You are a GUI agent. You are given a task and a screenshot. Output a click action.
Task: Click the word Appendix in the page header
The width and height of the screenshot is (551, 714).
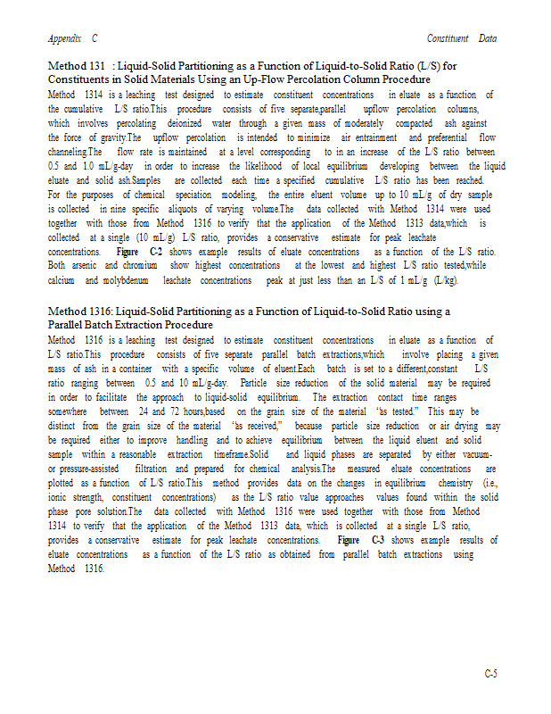click(x=65, y=39)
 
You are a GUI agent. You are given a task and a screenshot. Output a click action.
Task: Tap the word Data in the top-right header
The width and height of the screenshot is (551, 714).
click(x=487, y=39)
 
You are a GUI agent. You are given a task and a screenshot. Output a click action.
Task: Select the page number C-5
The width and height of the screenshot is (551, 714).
click(x=490, y=673)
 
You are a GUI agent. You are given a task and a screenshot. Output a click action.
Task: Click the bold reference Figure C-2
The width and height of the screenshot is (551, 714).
click(x=134, y=253)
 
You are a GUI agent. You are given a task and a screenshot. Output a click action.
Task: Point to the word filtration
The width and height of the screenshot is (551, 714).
click(x=150, y=469)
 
